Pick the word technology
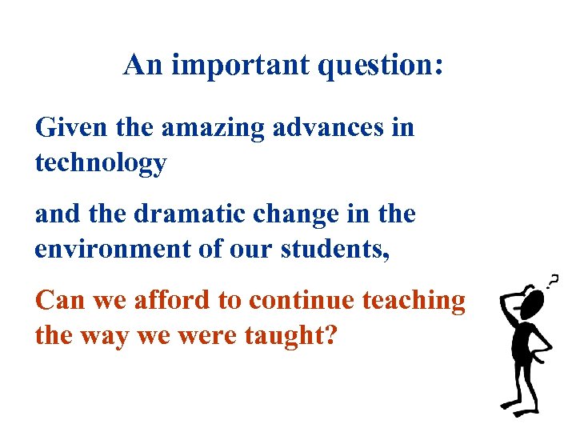[x=101, y=164]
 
